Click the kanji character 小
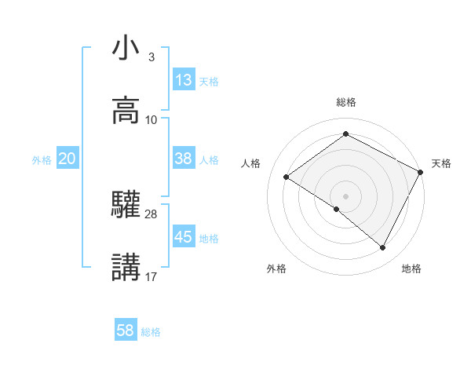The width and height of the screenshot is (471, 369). pyautogui.click(x=126, y=49)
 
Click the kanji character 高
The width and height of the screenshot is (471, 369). pyautogui.click(x=126, y=111)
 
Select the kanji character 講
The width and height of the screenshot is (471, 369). pyautogui.click(x=126, y=268)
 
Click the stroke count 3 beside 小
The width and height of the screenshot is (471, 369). pyautogui.click(x=151, y=57)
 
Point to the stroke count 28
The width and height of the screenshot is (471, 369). pyautogui.click(x=152, y=214)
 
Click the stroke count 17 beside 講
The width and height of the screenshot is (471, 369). pyautogui.click(x=152, y=276)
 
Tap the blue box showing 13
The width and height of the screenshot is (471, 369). pyautogui.click(x=184, y=81)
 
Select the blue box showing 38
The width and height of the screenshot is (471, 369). pyautogui.click(x=184, y=159)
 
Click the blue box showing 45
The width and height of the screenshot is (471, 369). pyautogui.click(x=184, y=237)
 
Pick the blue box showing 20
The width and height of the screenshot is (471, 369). pyautogui.click(x=67, y=159)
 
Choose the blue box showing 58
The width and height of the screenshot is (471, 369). pyautogui.click(x=126, y=331)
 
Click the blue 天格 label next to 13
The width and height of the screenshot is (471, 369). pyautogui.click(x=209, y=82)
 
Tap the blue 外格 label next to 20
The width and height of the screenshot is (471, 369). pyautogui.click(x=42, y=159)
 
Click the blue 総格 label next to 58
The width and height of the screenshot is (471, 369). pyautogui.click(x=151, y=332)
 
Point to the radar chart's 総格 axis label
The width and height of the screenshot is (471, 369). pyautogui.click(x=346, y=102)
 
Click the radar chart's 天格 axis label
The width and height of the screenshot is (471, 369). pyautogui.click(x=441, y=163)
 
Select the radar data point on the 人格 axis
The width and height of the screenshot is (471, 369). pyautogui.click(x=287, y=177)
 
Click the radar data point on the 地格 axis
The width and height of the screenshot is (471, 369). pyautogui.click(x=383, y=248)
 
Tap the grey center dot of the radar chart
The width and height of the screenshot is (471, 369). pyautogui.click(x=346, y=195)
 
